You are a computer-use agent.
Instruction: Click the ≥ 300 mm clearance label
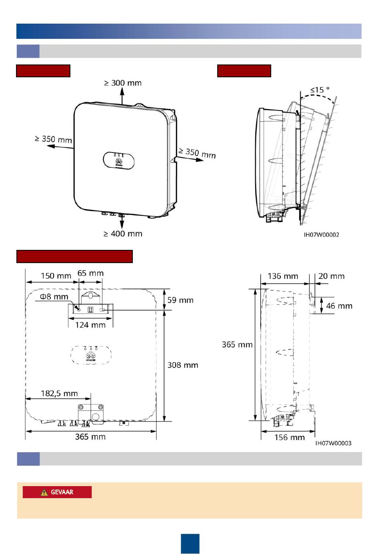point(123,83)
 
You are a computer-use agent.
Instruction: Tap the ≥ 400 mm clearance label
point(123,234)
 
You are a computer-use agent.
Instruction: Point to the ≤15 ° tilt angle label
point(320,90)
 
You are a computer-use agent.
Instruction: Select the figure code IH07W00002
point(321,235)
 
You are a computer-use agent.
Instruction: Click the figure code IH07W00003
point(333,443)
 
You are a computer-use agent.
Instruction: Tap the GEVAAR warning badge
point(57,492)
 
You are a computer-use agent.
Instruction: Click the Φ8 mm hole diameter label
point(54,297)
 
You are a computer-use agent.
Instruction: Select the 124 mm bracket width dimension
point(90,325)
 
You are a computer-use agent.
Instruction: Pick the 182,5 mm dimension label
point(59,393)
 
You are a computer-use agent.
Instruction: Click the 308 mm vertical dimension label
point(182,365)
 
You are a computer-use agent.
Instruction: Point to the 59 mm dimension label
point(180,300)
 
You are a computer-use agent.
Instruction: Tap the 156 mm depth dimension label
point(289,437)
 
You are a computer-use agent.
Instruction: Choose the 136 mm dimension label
point(283,276)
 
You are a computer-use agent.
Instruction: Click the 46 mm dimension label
point(339,306)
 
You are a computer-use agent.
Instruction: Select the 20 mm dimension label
point(331,276)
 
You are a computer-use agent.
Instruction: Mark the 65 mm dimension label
point(90,273)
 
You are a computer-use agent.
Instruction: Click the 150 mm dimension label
point(56,275)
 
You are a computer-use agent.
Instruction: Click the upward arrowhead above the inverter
point(122,90)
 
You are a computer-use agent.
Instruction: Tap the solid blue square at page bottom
point(190,543)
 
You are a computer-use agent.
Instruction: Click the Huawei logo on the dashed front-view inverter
point(91,355)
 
